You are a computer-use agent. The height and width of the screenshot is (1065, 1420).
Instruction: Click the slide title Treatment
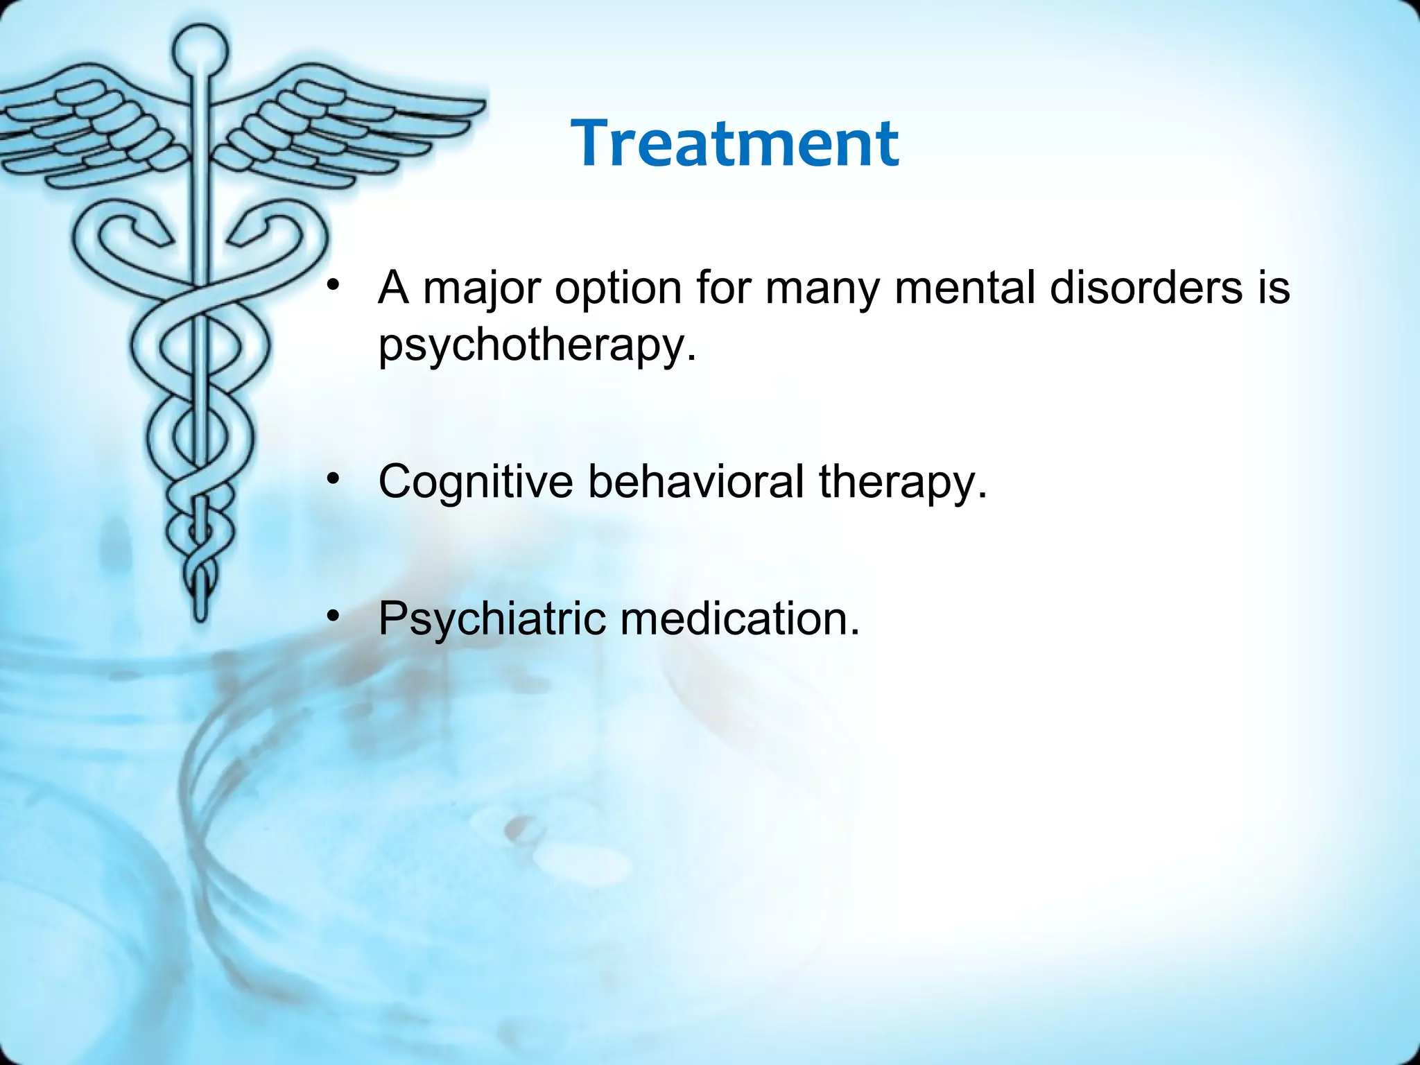pos(735,144)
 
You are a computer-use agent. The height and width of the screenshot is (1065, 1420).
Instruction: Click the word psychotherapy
pos(536,345)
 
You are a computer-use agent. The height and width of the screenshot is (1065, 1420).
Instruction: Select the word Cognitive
pos(476,481)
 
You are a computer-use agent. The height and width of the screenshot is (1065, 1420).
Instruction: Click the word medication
pos(740,618)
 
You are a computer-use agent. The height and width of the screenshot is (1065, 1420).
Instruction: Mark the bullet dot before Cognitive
pos(334,478)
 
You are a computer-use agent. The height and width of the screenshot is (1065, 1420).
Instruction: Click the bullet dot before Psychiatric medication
pos(334,615)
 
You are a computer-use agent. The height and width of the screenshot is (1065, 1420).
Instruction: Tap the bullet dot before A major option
pos(334,284)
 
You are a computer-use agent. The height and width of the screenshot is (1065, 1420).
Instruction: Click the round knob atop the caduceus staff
pos(200,49)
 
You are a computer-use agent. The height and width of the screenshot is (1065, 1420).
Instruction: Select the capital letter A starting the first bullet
pos(393,287)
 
